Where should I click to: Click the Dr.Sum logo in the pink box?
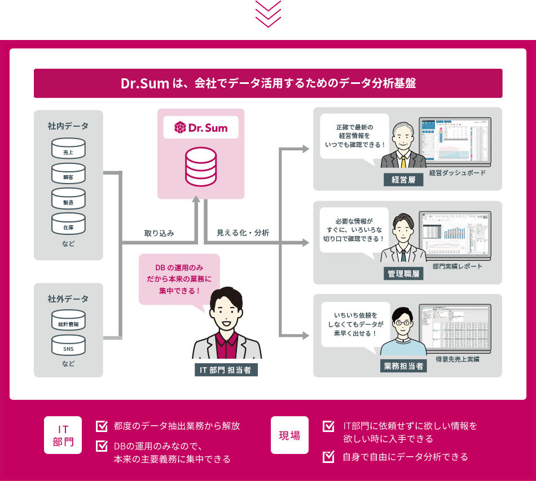(201, 128)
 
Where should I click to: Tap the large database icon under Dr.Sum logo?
(201, 167)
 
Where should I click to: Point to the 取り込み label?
(159, 233)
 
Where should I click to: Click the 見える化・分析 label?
(243, 233)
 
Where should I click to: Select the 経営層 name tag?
(403, 180)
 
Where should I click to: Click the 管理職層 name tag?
(403, 274)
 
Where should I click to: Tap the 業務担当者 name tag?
(403, 366)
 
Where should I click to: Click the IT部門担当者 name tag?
(225, 369)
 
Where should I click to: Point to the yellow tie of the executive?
(403, 161)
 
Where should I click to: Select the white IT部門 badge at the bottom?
(63, 435)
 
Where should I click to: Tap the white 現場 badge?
(289, 435)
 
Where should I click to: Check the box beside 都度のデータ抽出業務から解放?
(102, 426)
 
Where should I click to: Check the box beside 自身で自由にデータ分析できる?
(328, 457)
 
